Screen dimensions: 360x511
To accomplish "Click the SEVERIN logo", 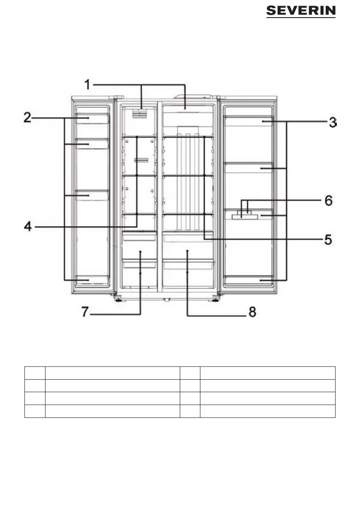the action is point(301,12).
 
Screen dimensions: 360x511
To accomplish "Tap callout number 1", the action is point(87,84).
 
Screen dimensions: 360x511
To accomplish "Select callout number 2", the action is point(27,118).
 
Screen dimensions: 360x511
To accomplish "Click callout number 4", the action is point(27,226).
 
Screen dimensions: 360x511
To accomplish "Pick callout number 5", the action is point(328,239).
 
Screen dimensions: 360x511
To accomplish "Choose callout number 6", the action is point(328,200).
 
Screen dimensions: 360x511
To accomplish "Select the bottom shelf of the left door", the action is point(92,280).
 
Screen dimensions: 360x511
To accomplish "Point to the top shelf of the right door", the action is point(248,122).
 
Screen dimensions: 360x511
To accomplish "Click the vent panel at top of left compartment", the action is point(139,113).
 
